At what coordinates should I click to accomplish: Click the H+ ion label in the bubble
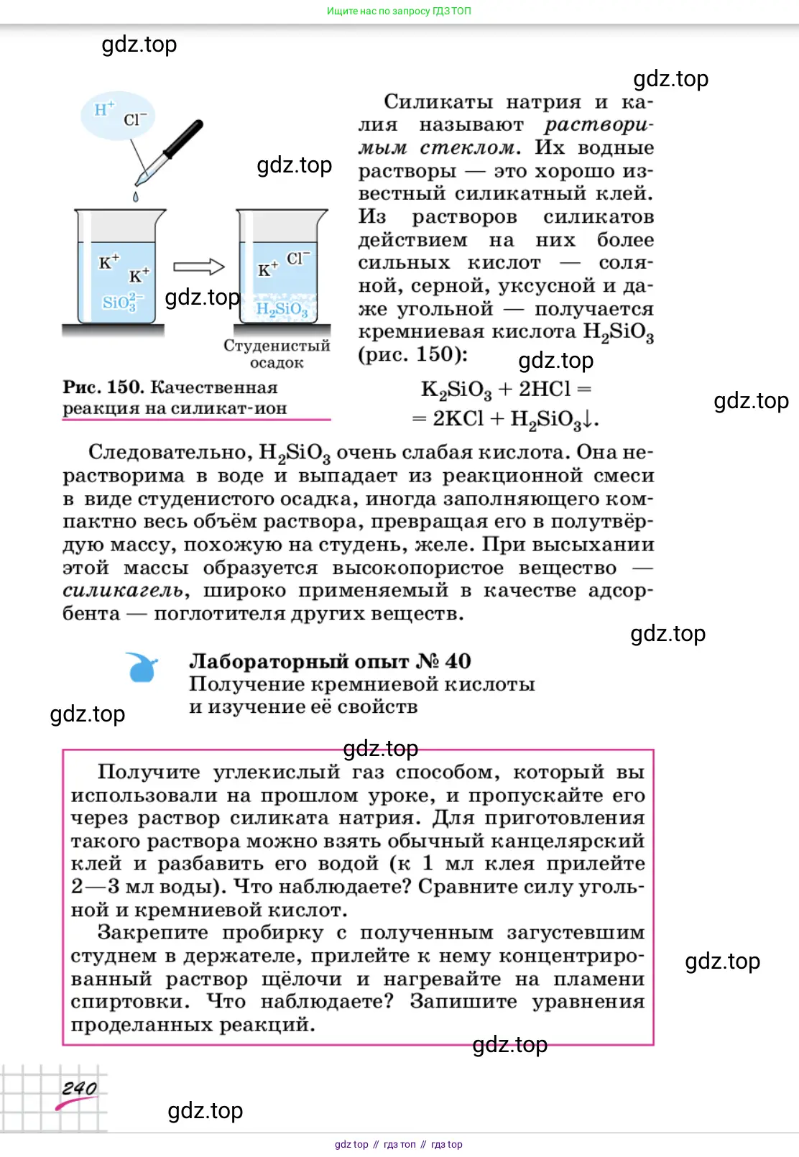click(x=104, y=109)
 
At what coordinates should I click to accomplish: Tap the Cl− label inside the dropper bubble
click(x=134, y=119)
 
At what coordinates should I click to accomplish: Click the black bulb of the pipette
click(x=184, y=139)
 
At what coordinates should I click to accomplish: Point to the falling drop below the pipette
click(x=135, y=196)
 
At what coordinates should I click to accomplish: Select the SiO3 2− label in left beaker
click(x=123, y=301)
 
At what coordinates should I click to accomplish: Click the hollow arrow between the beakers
click(x=199, y=267)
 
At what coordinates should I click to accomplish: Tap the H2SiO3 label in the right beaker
click(x=282, y=309)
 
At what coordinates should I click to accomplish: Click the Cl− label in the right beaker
click(x=297, y=258)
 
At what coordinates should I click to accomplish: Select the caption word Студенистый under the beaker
click(x=277, y=346)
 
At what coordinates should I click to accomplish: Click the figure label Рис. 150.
click(x=103, y=387)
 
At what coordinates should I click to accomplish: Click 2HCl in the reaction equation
click(x=545, y=389)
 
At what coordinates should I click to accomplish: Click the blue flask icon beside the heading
click(x=142, y=667)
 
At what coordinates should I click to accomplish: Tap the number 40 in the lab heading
click(x=458, y=661)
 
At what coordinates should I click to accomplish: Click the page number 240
click(x=79, y=1088)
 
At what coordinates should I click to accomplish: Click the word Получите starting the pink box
click(x=149, y=772)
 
